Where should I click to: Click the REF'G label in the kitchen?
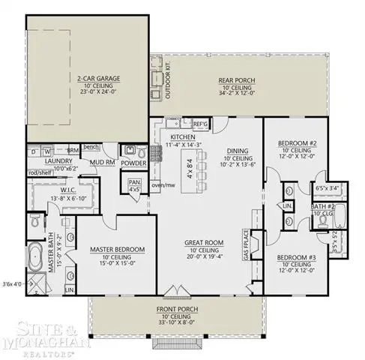coord(200,123)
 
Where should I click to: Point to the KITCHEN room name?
coord(183,137)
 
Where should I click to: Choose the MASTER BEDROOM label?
coord(117,249)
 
